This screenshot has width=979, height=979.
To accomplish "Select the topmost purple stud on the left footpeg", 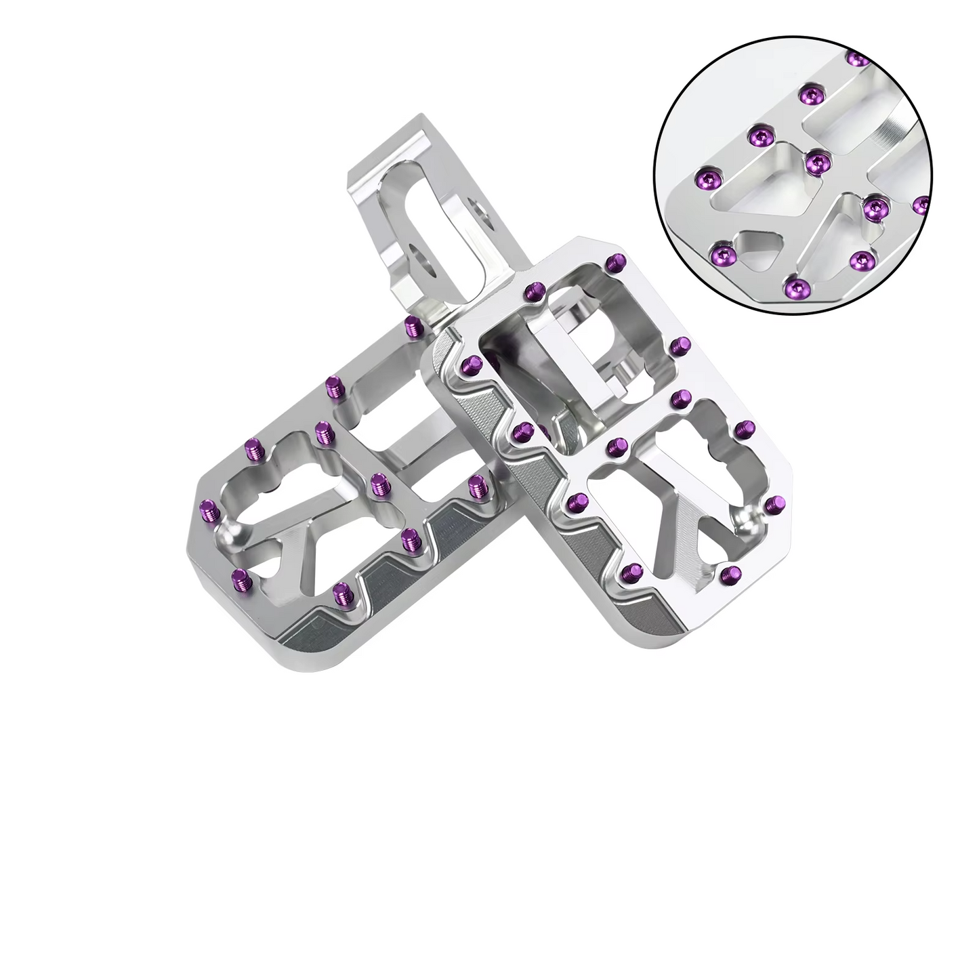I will point(411,327).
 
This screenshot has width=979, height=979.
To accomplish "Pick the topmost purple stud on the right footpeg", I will point(616,262).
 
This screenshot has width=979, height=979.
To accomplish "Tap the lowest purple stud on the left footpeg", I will point(341,595).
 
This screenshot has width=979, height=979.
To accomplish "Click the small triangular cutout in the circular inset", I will point(762,245).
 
